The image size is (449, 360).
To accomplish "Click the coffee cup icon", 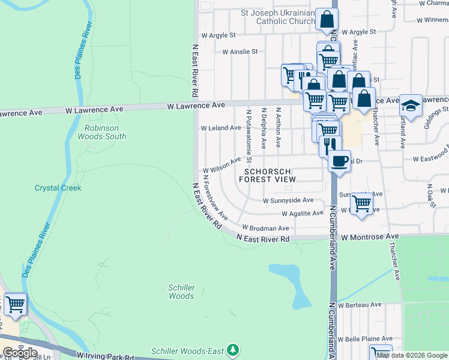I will point(339,161).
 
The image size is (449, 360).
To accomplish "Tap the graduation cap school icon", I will point(411,106).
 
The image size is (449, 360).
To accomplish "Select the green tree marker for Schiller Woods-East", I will point(235,350).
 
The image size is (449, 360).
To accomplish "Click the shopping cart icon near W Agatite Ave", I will point(361,204).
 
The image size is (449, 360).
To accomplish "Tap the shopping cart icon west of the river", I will point(15,304).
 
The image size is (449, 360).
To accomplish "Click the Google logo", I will point(20,352).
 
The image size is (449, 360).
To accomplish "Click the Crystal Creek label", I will point(58,188).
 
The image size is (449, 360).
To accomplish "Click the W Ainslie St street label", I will point(240,52).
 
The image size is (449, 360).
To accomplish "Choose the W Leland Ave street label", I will point(221,128).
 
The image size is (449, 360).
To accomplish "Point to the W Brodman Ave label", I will point(265,228).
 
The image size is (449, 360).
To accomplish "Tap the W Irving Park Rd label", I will point(105,356).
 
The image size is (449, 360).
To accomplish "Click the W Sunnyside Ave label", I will point(288,200).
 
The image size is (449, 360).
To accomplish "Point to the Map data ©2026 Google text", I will point(412,355).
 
